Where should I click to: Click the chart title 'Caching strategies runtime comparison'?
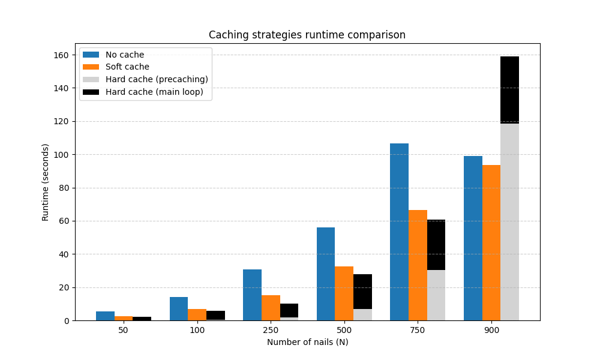pos(307,35)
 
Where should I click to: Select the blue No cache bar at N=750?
pos(399,232)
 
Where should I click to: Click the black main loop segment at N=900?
pos(509,90)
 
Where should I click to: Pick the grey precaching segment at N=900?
pos(509,222)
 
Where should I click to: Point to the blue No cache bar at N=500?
pos(326,274)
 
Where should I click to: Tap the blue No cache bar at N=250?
pos(252,295)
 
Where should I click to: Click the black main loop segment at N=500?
pos(362,292)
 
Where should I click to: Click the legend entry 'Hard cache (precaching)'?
pos(157,79)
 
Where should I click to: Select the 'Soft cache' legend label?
pos(127,67)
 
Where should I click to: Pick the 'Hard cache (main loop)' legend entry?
pos(154,92)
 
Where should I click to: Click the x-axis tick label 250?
pos(271,331)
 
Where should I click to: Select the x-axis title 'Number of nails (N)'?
pos(307,342)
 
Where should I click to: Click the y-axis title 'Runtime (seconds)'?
pos(46,182)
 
